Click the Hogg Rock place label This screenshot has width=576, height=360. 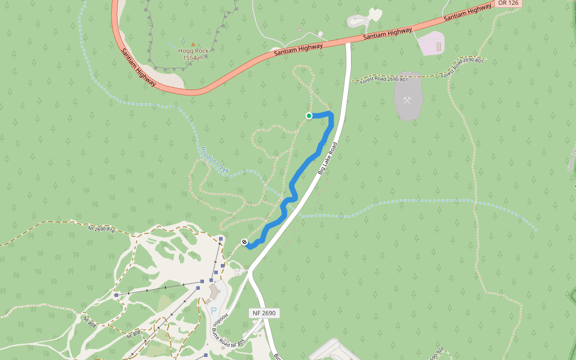[x=193, y=51]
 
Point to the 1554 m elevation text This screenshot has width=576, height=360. [x=193, y=58]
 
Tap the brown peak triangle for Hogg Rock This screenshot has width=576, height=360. [x=193, y=44]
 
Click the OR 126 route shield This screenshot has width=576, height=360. [x=508, y=3]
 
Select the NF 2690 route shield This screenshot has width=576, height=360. [x=264, y=313]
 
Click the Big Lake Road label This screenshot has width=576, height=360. [x=328, y=158]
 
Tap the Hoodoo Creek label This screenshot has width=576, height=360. [x=215, y=160]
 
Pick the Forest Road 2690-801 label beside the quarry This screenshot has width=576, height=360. [x=384, y=79]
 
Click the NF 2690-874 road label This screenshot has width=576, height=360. [x=101, y=229]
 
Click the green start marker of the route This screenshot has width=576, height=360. [x=309, y=116]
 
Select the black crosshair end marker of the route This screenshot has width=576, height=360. [x=245, y=242]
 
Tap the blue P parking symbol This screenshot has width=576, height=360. [x=213, y=311]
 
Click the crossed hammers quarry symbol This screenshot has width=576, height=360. [x=407, y=100]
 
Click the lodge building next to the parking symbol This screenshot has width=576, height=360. [x=214, y=293]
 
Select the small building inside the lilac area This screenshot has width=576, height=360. [x=439, y=46]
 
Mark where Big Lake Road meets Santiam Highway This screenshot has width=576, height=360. [x=348, y=42]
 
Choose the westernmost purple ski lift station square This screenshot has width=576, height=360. [x=116, y=295]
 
